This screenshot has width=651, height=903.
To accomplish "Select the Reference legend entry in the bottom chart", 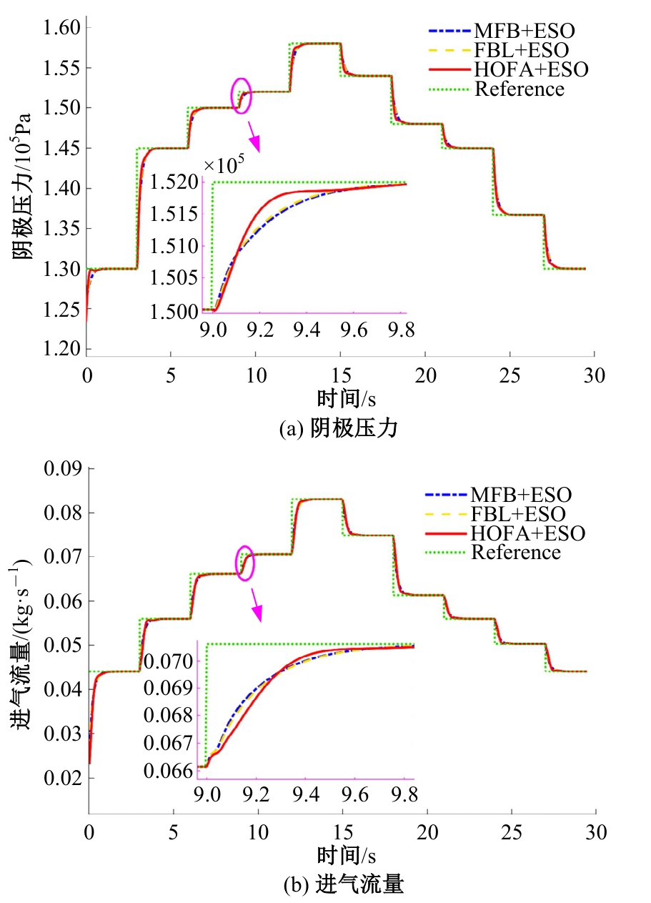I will pyautogui.click(x=515, y=553).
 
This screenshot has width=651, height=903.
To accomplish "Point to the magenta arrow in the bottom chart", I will pyautogui.click(x=255, y=608).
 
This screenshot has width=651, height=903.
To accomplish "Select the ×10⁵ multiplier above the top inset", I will pyautogui.click(x=224, y=165).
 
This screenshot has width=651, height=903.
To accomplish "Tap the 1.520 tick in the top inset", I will pyautogui.click(x=178, y=182).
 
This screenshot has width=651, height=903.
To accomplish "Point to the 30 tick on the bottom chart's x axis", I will pyautogui.click(x=595, y=832).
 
